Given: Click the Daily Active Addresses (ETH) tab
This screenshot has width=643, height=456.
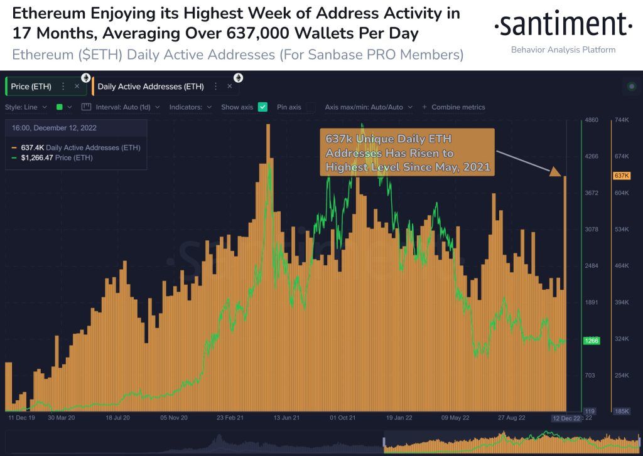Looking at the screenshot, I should tap(151, 86).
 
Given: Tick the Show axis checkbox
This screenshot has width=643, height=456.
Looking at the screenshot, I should tap(263, 107).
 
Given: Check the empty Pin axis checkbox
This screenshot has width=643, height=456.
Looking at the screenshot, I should tap(310, 107).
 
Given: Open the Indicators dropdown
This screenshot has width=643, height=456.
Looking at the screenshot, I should tap(190, 107).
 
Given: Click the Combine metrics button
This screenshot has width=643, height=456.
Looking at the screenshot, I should tap(453, 107).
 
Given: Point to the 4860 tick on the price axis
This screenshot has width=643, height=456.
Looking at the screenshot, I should tap(592, 120).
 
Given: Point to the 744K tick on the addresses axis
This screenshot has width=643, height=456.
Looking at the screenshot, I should tap(622, 120).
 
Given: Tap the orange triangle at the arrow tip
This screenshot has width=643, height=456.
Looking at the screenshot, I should tap(556, 171).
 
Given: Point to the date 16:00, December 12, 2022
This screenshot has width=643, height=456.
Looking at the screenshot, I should tap(54, 128).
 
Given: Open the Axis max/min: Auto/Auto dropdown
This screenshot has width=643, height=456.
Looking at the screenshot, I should tap(368, 107).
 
